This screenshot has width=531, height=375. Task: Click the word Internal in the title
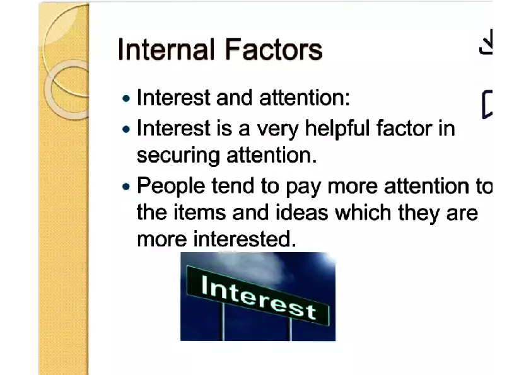point(166,49)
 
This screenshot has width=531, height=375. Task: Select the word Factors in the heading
point(274,49)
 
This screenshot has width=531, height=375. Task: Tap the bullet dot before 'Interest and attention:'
point(126,99)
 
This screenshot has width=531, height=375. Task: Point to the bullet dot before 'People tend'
point(126,187)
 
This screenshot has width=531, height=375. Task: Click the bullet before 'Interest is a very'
point(126,129)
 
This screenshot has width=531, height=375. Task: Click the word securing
point(178,156)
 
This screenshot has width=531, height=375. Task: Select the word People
point(171,187)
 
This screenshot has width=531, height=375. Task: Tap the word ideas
point(302,213)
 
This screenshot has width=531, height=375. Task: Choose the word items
point(200,213)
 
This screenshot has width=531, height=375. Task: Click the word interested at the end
point(245,239)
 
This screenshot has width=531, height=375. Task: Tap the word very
point(277,130)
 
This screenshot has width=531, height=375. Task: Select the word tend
point(233,187)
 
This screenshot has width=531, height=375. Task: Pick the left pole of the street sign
point(223,321)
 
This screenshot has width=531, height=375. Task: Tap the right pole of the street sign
point(289,329)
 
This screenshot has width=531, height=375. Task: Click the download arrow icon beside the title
point(486,42)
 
